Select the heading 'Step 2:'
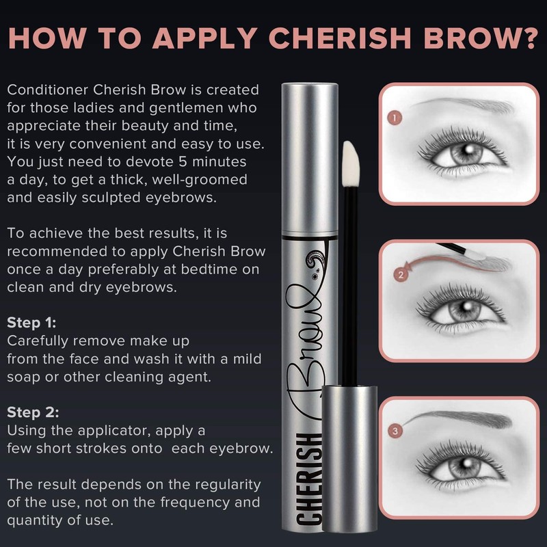point(31,412)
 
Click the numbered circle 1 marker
point(393,118)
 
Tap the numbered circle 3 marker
point(395,431)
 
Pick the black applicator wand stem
point(349,273)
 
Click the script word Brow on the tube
point(312,356)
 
